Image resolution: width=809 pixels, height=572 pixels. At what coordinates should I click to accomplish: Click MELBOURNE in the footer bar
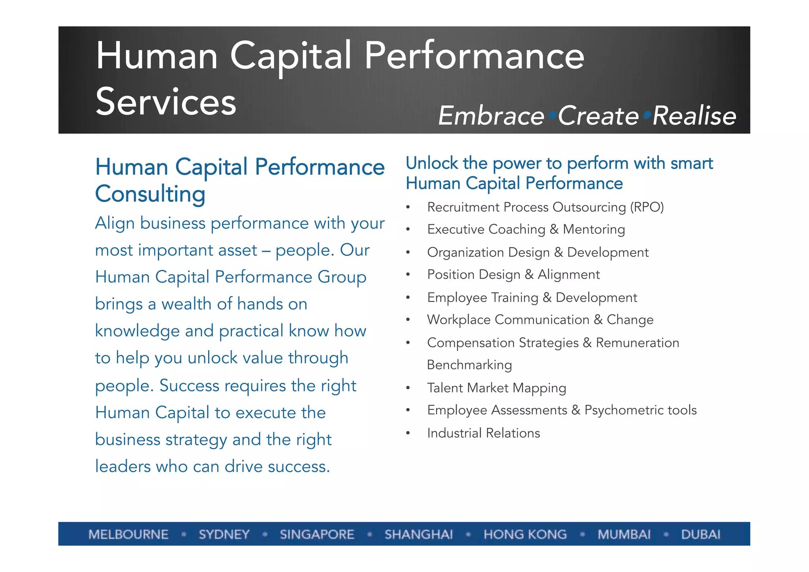point(128,534)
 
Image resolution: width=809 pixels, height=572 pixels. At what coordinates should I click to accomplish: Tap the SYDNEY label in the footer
point(224,534)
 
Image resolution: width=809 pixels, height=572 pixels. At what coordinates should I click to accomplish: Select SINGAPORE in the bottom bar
point(317,534)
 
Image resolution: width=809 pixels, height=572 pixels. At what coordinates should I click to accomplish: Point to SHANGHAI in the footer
point(419,534)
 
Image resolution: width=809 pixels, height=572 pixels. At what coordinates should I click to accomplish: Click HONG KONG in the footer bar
point(525,534)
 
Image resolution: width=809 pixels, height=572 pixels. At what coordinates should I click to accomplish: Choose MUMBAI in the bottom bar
point(624,534)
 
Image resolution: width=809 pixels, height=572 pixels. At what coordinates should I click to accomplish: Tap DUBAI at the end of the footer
point(700,534)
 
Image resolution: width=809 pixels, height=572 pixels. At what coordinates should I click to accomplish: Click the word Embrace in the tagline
point(491,116)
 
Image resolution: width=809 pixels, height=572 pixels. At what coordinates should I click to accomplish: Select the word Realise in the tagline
point(694,116)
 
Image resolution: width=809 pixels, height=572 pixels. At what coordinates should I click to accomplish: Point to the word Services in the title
point(166,102)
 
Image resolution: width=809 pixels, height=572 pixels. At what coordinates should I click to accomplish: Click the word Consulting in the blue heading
point(150,194)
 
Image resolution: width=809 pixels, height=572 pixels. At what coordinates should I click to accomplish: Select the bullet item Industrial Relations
point(483,433)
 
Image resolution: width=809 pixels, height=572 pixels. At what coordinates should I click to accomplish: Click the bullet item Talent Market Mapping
point(497,388)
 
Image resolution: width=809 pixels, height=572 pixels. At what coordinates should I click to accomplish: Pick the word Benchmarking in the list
point(469,365)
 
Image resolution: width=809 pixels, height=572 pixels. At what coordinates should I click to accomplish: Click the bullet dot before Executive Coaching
point(408,230)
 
